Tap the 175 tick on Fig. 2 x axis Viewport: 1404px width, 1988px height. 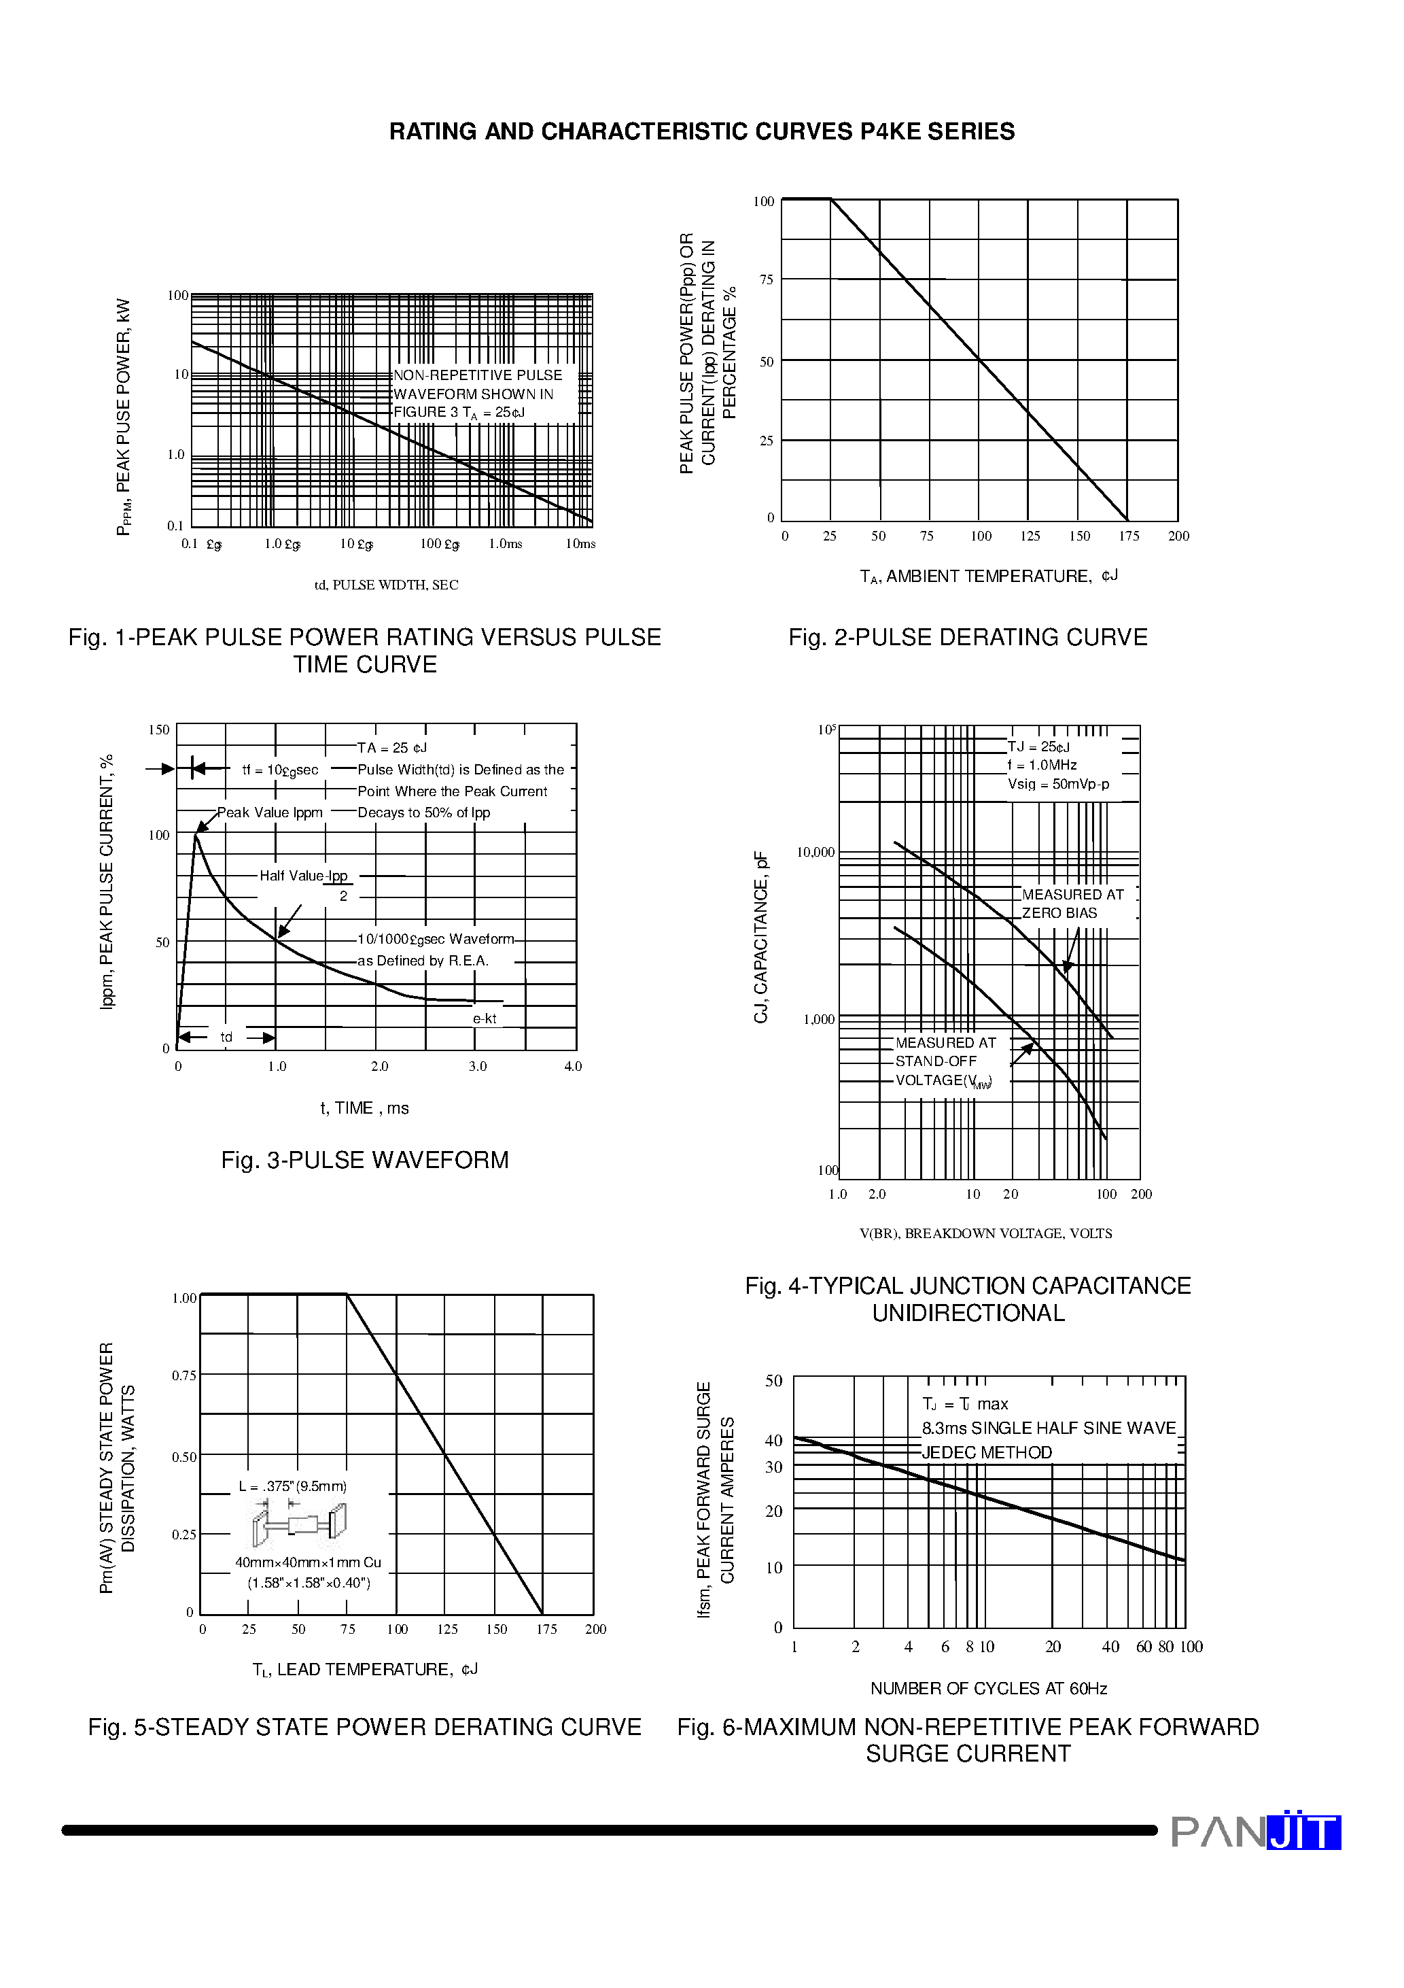pos(1129,536)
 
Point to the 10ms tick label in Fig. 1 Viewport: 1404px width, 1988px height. pos(580,544)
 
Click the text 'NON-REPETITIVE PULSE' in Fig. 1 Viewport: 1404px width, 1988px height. pos(478,375)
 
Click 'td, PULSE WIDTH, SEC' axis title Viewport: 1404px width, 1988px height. pos(386,585)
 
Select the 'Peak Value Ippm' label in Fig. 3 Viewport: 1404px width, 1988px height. pos(269,813)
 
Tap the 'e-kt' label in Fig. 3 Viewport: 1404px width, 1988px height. pos(485,1019)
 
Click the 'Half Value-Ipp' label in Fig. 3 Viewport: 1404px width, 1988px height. pos(303,876)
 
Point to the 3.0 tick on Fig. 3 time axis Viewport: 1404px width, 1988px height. pos(478,1067)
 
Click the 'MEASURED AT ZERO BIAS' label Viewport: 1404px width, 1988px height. pos(1072,904)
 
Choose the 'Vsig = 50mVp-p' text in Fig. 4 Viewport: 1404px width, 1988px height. pos(1058,785)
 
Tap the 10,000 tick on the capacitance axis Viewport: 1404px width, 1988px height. pos(815,853)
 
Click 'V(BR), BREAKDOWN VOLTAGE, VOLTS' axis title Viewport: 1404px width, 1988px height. pos(985,1233)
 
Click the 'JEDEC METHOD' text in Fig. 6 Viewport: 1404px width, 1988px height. pos(987,1453)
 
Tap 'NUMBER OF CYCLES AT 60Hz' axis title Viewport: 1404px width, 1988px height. pos(989,1688)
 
